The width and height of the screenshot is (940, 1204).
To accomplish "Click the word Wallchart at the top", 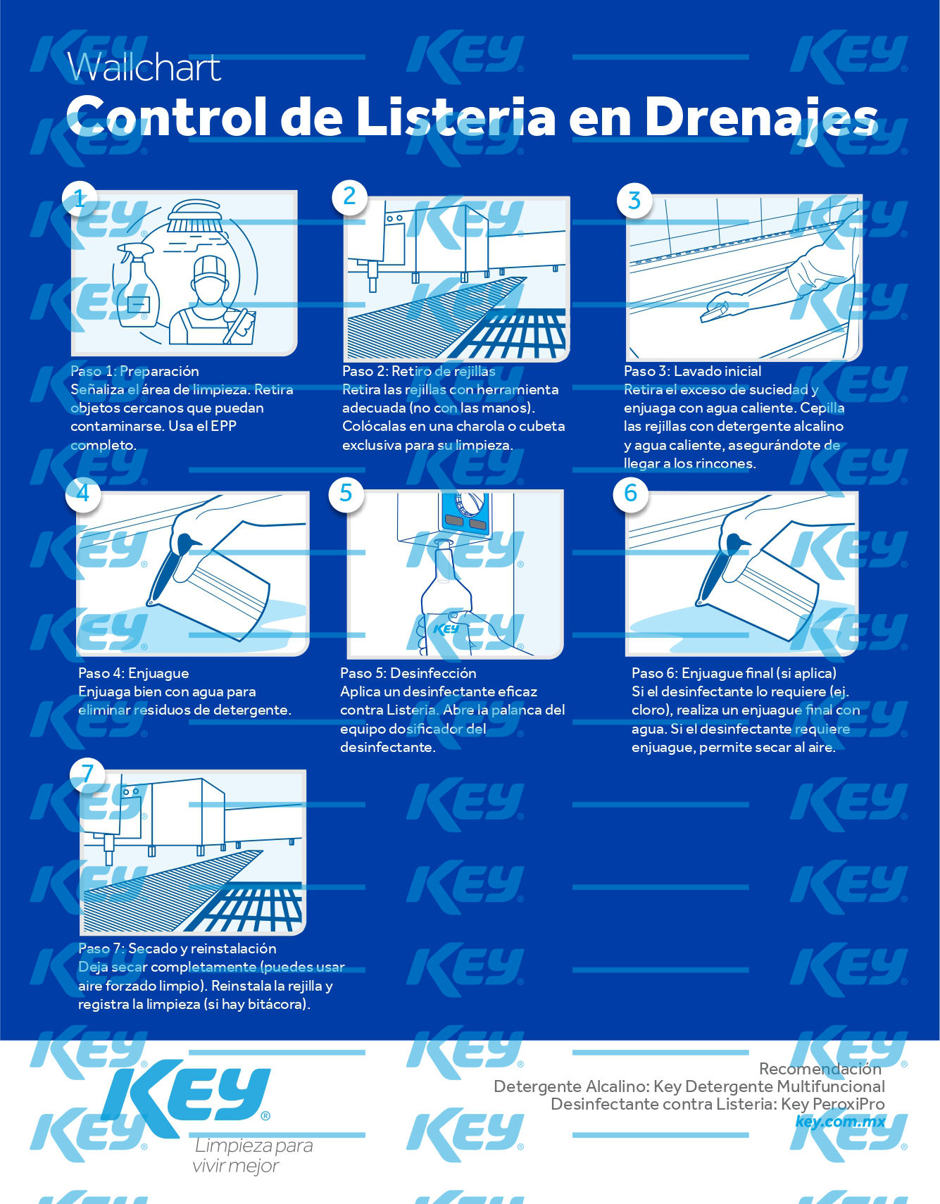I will tap(144, 67).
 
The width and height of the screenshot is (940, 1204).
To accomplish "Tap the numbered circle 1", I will tap(80, 199).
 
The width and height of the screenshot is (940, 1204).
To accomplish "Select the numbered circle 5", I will tap(346, 493).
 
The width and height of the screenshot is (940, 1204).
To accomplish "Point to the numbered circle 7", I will tap(87, 774).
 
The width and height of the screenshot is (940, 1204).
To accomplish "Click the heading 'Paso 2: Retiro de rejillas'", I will tap(418, 371).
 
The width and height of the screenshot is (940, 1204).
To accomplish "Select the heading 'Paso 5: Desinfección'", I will tap(408, 673).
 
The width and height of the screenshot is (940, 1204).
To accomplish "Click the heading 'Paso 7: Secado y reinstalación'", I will tap(177, 948).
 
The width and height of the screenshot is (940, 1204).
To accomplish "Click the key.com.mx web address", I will tap(839, 1122).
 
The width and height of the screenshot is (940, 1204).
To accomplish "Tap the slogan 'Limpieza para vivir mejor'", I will tap(253, 1155).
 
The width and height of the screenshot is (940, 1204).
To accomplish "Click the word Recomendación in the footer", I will tap(820, 1069).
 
